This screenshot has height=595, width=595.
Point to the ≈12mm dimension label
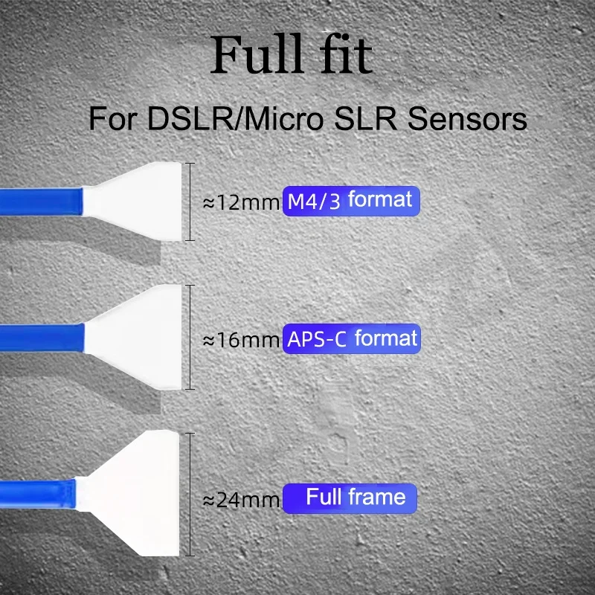(242, 202)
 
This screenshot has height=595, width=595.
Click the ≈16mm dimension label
(242, 341)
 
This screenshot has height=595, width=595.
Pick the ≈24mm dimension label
(242, 500)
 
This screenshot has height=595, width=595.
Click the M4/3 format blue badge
(351, 201)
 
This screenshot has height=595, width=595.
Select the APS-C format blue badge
(351, 339)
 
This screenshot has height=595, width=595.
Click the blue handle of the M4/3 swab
(41, 200)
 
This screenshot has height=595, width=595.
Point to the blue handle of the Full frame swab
(37, 491)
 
